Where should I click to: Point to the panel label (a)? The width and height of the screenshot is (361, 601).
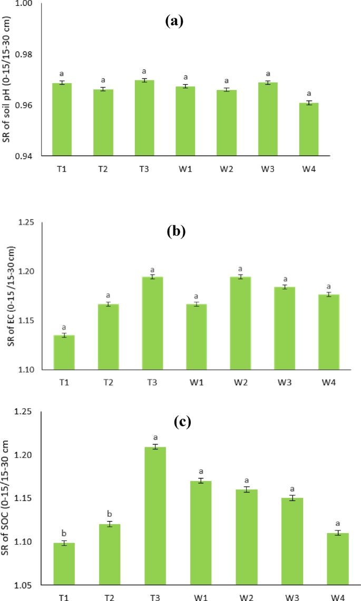174,21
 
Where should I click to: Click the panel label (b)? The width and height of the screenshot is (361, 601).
175,232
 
